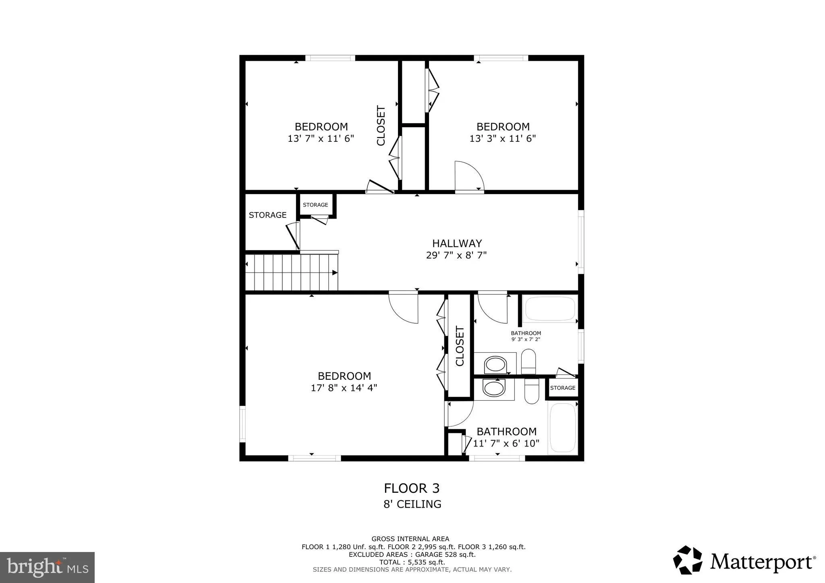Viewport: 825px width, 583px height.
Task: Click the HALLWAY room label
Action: tap(457, 243)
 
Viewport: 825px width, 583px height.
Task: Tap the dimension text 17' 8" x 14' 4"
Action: tap(344, 388)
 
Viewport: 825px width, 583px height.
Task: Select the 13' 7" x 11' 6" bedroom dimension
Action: tap(321, 139)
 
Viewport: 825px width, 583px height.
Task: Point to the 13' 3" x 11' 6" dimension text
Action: tap(503, 139)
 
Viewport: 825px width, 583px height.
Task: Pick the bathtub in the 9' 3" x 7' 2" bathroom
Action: tap(550, 309)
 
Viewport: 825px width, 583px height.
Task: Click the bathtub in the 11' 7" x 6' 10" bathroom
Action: tap(563, 428)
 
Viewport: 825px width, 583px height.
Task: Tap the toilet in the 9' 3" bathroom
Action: tap(529, 361)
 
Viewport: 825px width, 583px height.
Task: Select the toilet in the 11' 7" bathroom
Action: tap(532, 391)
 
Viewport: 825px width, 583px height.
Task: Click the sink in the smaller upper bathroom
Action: tap(495, 365)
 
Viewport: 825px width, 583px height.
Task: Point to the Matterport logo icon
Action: tap(688, 560)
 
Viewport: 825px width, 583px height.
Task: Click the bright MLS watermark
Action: tap(47, 567)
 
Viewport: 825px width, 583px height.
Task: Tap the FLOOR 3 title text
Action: tap(412, 488)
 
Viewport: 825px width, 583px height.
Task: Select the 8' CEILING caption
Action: tap(412, 504)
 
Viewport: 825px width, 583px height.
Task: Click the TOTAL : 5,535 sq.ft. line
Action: tap(412, 562)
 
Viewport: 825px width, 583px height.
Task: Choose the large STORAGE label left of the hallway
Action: tap(267, 215)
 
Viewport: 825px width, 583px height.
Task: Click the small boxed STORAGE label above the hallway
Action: tap(315, 205)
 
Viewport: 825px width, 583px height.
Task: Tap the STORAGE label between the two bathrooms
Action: tap(563, 388)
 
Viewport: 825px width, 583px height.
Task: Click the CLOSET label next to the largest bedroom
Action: tap(460, 346)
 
